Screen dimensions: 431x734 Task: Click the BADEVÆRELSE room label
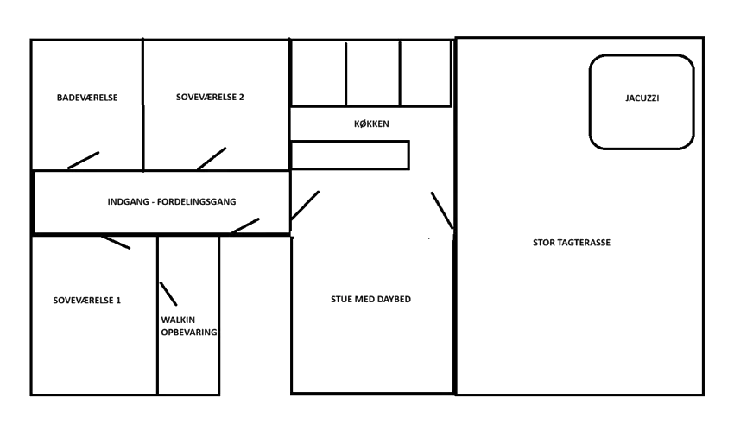87,98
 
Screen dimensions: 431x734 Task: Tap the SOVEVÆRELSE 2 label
210,98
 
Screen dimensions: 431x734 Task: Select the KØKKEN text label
371,124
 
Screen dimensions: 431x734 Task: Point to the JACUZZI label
642,98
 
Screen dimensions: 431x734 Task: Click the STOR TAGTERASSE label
572,243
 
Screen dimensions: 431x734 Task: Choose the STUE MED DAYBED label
370,300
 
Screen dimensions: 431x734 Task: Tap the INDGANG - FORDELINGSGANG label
172,202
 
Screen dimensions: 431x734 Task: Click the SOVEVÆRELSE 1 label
87,301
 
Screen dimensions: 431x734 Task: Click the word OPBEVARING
189,333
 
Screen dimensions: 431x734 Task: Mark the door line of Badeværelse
84,160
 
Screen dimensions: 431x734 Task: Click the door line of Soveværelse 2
212,158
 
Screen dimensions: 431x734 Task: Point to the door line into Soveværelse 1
114,242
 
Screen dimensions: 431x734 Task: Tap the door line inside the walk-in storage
168,293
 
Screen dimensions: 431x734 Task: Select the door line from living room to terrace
442,211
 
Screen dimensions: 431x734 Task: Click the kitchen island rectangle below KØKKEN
349,155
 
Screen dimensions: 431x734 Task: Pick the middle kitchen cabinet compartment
372,73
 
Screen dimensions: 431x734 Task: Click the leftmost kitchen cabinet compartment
318,73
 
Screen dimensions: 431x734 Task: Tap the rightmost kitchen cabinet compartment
425,73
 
